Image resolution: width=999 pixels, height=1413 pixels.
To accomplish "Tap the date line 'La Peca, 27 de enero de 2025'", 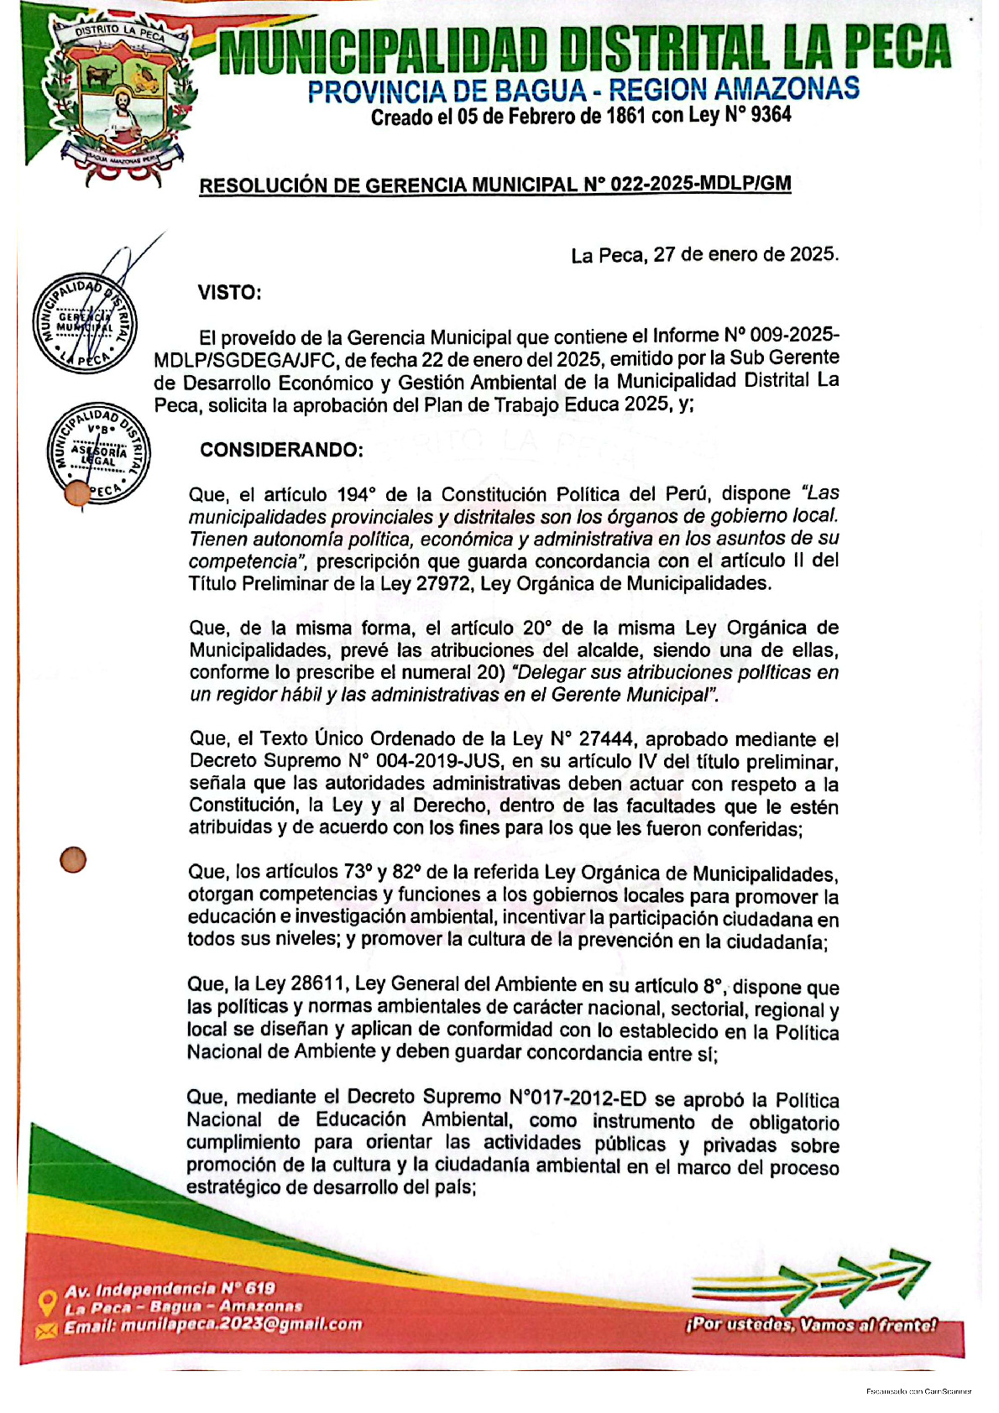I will click(x=704, y=255).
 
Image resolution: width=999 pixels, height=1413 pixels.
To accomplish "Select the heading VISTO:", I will click(x=229, y=293).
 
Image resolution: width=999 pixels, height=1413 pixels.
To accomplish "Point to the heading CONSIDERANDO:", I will click(x=281, y=450).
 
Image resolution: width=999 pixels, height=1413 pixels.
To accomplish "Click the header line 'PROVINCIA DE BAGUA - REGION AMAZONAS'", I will click(x=583, y=90).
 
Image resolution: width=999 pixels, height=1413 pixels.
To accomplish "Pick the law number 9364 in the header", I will click(x=771, y=115).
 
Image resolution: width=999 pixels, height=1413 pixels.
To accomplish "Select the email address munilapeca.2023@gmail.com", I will click(x=242, y=1325).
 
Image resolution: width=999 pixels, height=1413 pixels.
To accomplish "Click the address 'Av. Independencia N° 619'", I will click(x=170, y=1289).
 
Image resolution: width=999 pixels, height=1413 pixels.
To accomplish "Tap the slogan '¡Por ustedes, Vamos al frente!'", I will click(x=811, y=1325).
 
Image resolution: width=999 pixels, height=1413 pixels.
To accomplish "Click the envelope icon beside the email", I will click(x=46, y=1328).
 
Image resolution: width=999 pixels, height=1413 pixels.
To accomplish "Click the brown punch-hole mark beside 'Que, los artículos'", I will click(x=73, y=860).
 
